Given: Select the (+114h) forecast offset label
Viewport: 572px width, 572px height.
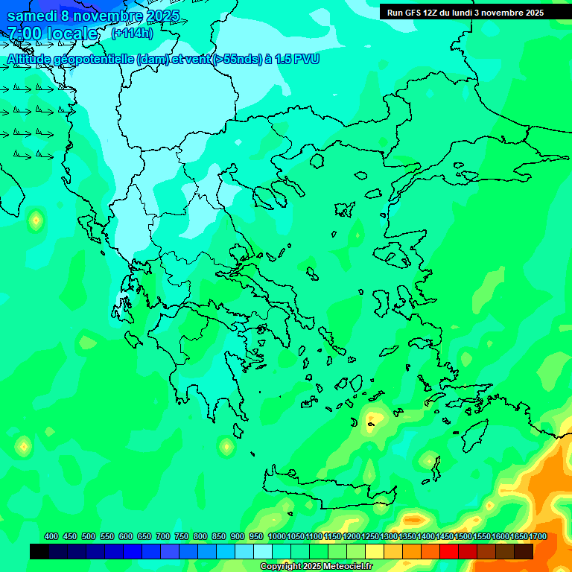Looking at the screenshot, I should click(x=132, y=33).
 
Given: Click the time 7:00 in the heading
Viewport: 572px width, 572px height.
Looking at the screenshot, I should click(x=25, y=34).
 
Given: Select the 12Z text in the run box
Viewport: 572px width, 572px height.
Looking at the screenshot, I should click(x=431, y=13).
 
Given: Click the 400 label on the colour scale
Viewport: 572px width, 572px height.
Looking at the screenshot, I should click(x=51, y=537).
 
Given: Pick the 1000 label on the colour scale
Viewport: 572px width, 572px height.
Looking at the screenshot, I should click(x=276, y=537).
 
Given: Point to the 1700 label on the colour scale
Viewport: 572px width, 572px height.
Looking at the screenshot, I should click(x=538, y=537).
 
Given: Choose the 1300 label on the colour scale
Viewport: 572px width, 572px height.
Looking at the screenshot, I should click(x=389, y=537).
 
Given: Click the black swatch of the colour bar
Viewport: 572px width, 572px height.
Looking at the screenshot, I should click(x=39, y=551).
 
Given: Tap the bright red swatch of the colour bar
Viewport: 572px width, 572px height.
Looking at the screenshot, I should click(x=449, y=551).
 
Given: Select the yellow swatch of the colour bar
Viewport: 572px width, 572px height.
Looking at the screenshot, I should click(x=375, y=551).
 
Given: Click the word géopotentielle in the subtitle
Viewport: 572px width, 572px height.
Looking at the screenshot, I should click(x=96, y=59).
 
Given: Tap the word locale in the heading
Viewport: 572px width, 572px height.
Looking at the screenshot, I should click(x=72, y=34).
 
